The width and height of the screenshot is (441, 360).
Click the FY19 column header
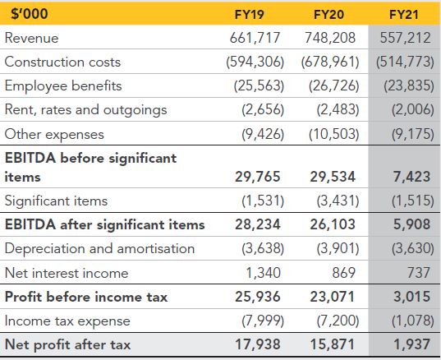[x=249, y=14]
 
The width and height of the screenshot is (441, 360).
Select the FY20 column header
[x=328, y=14]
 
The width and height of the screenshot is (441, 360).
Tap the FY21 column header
[x=403, y=14]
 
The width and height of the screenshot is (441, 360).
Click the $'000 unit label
[x=30, y=13]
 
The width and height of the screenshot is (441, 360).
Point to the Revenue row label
[x=31, y=38]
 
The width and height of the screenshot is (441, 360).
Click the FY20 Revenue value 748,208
[x=330, y=38]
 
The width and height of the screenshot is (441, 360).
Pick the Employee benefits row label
[x=63, y=85]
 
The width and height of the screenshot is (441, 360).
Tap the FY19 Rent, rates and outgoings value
[x=263, y=109]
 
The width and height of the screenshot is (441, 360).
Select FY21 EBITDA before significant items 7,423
[x=411, y=177]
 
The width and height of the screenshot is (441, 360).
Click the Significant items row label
[x=56, y=201]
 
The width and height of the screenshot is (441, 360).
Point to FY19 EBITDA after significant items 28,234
[x=258, y=224]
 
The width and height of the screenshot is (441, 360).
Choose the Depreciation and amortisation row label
[x=100, y=249]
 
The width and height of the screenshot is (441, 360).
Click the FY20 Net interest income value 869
[x=344, y=273]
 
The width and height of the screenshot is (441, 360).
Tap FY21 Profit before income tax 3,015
[x=411, y=297]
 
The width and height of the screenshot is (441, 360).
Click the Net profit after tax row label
[x=68, y=345]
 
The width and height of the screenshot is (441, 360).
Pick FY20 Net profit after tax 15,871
[x=333, y=344]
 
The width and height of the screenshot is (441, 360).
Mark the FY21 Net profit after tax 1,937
[x=411, y=344]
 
